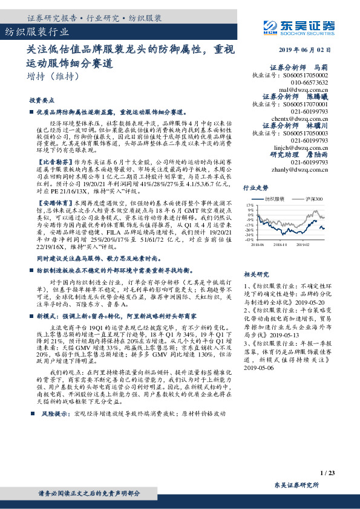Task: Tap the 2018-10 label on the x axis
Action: [281, 245]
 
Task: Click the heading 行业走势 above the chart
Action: [255, 188]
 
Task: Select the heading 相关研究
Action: [255, 274]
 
